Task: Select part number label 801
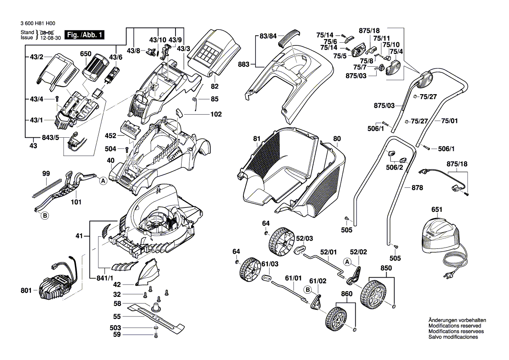[x=26, y=290]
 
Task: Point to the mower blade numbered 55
[x=157, y=316]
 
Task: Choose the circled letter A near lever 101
[x=103, y=180]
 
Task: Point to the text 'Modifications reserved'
[x=455, y=326]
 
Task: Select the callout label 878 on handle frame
[x=417, y=188]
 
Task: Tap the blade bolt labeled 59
[x=156, y=335]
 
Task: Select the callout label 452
[x=111, y=136]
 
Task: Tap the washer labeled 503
[x=156, y=327]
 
